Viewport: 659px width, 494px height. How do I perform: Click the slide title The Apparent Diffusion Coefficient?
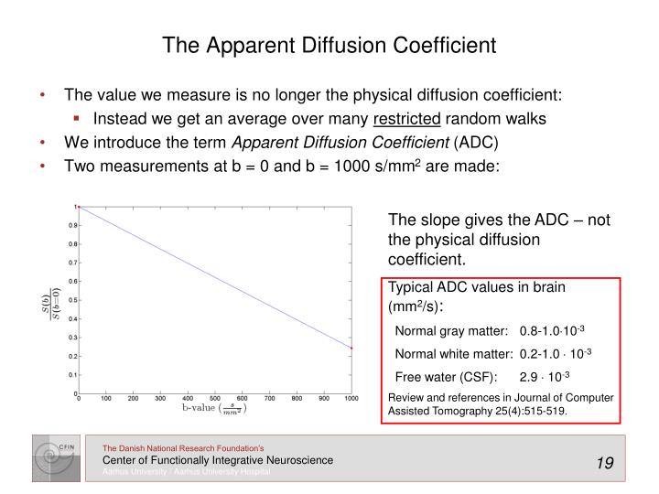pos(329,45)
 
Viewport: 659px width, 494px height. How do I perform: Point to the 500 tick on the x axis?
pos(216,400)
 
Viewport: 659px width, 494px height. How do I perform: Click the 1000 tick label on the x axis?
pos(351,400)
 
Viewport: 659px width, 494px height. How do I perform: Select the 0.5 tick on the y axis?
pos(71,300)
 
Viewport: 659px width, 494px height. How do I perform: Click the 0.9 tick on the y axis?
pos(71,225)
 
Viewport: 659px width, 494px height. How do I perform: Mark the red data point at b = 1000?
pos(351,348)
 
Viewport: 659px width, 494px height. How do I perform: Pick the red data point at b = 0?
pos(79,208)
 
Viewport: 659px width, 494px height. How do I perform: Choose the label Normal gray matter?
pos(451,330)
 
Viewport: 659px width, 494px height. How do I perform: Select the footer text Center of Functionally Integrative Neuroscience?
pos(217,459)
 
